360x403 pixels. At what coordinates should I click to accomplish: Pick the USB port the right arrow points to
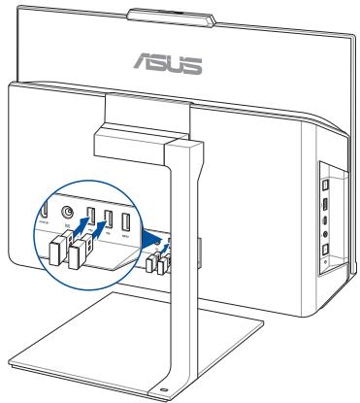[x=108, y=218]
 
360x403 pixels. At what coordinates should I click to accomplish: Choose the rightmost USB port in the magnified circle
[x=127, y=218]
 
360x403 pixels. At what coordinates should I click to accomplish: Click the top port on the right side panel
[x=326, y=182]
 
